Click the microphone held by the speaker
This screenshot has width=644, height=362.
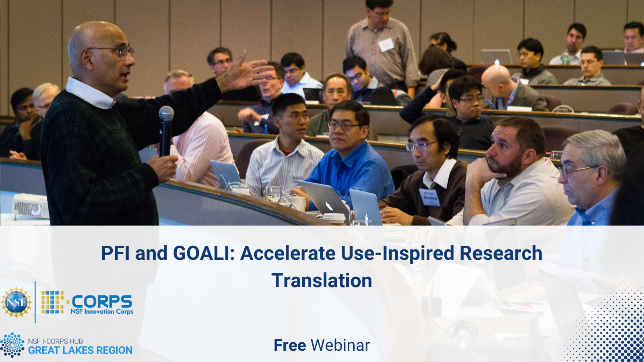tap(166, 131)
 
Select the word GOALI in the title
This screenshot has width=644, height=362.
tap(204, 253)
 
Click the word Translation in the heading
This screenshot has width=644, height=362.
tap(322, 280)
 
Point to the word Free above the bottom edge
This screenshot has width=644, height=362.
tap(290, 345)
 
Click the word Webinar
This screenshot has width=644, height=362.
tap(340, 345)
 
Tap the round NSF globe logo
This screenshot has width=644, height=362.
tap(17, 302)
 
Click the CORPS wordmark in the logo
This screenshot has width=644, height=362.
tap(102, 301)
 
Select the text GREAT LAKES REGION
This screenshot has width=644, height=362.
tap(80, 350)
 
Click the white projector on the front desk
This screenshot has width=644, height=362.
tap(31, 206)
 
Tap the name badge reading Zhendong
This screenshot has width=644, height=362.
tap(430, 197)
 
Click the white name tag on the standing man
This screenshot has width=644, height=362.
tap(386, 45)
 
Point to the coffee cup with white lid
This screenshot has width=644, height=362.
tap(334, 219)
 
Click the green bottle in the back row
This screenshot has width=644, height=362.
tap(566, 59)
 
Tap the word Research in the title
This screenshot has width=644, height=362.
tap(501, 253)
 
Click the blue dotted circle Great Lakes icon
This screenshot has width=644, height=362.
tap(12, 345)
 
